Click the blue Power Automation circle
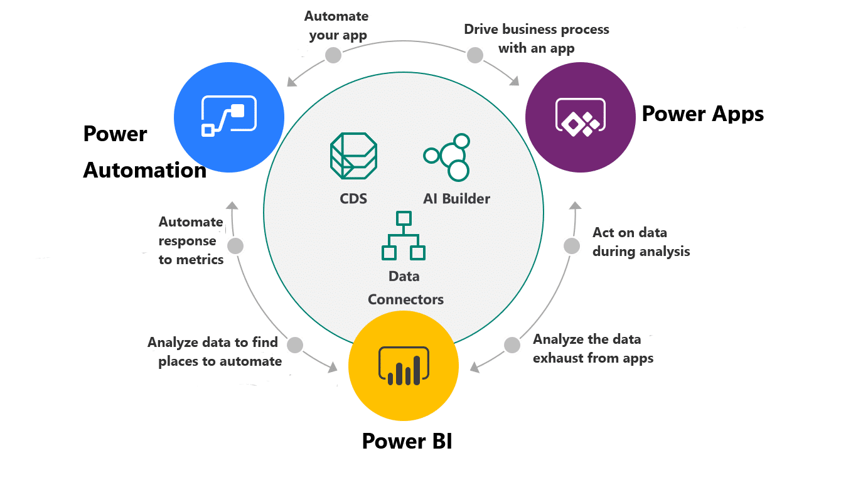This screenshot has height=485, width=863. [x=229, y=117]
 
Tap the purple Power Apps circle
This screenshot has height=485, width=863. [x=581, y=117]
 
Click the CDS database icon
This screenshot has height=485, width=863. [x=353, y=156]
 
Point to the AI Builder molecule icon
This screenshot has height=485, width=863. [x=448, y=156]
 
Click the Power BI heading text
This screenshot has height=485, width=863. [x=407, y=441]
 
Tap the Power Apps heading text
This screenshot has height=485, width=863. [x=702, y=114]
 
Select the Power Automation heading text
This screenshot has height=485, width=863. [x=144, y=152]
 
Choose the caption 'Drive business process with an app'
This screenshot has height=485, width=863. [x=537, y=38]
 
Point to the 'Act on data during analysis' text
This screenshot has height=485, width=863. [x=641, y=242]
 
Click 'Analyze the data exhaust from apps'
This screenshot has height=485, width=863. [x=593, y=349]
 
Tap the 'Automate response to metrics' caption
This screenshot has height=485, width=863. [x=191, y=240]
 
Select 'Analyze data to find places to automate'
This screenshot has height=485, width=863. [x=213, y=352]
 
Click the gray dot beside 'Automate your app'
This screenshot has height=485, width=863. [x=333, y=55]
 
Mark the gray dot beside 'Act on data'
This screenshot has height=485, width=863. [x=572, y=246]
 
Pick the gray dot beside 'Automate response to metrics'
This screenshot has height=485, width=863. [x=235, y=246]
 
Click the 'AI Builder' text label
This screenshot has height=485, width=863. [x=456, y=199]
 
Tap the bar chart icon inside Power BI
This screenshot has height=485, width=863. [x=404, y=366]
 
